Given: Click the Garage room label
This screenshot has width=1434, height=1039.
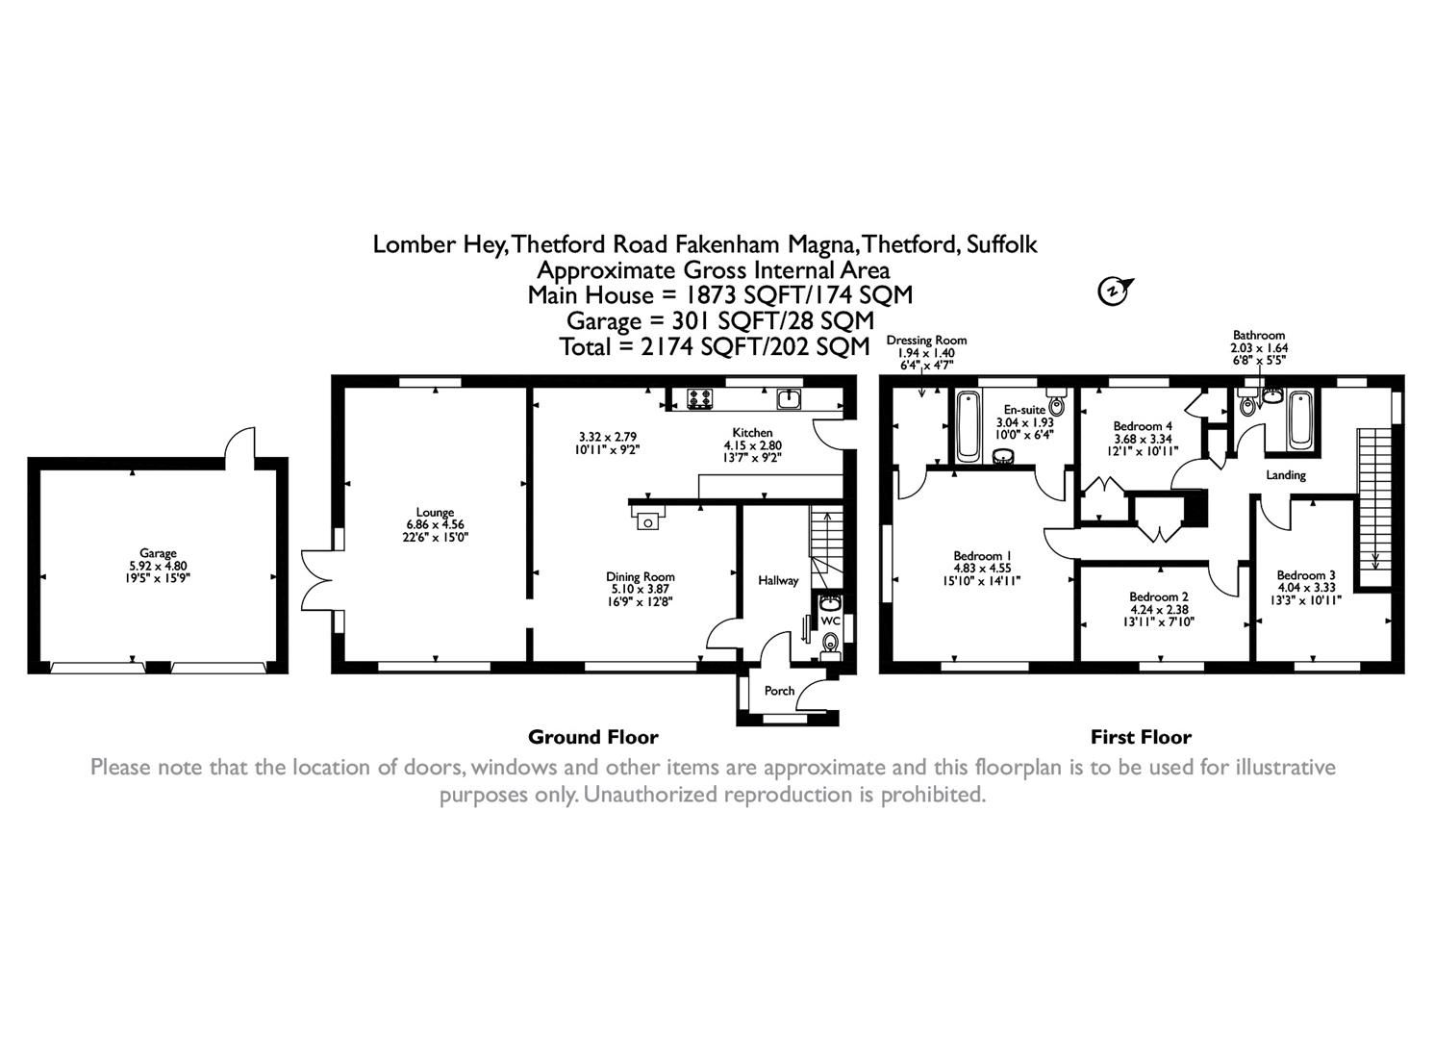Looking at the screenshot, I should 157,553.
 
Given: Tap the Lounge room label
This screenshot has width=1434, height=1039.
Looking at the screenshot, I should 435,513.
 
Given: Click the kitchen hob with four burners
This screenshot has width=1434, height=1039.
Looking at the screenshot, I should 699,397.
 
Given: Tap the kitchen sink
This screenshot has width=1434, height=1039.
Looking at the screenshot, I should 789,397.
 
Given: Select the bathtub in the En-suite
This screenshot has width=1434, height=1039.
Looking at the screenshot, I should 967,426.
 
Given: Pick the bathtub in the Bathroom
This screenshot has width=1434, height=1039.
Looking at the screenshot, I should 1301,419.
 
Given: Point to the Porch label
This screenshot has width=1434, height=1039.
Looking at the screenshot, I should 779,691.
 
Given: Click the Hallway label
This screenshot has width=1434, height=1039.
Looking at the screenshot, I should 778,580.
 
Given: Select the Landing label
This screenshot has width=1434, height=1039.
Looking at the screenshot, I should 1285,475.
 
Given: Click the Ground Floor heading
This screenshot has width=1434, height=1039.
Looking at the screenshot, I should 592,738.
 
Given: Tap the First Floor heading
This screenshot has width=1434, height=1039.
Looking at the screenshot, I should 1140,738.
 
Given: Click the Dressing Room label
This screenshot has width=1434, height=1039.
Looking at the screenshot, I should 925,340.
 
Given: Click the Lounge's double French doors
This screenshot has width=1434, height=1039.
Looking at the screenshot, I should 316,579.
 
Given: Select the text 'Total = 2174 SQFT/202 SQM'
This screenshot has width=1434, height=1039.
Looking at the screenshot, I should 715,346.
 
